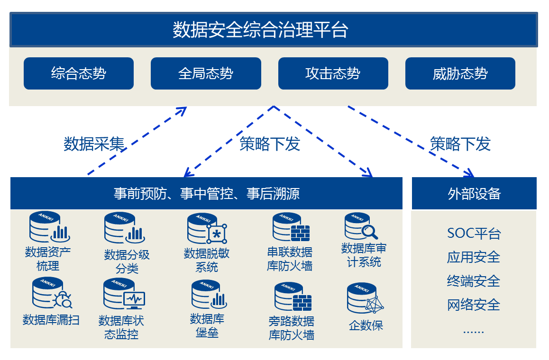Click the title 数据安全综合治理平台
(260, 29)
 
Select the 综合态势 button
(79, 73)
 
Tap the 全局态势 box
(206, 73)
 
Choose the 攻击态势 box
(333, 73)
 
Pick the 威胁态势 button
(460, 73)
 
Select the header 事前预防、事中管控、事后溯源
(206, 194)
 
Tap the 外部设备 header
(474, 194)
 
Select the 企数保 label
(366, 325)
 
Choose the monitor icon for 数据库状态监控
(133, 299)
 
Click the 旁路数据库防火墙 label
(291, 328)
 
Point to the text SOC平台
(474, 234)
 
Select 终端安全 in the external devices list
(474, 281)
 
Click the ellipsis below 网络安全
(473, 331)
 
